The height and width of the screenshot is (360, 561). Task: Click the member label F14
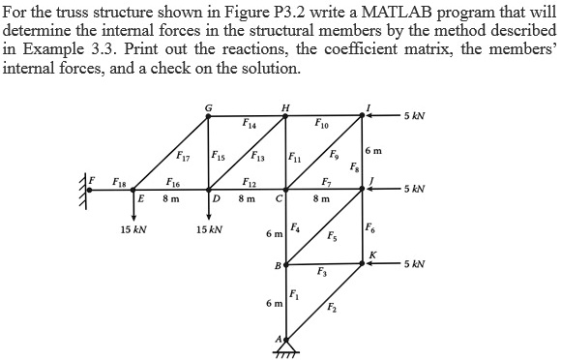coord(250,123)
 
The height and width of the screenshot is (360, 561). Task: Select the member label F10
coord(322,123)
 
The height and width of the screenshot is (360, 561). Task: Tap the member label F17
coord(184,158)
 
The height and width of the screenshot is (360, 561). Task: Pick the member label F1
coord(295,293)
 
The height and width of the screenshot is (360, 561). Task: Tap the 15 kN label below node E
coord(133,230)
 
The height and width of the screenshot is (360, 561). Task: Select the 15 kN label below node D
coord(209,230)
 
